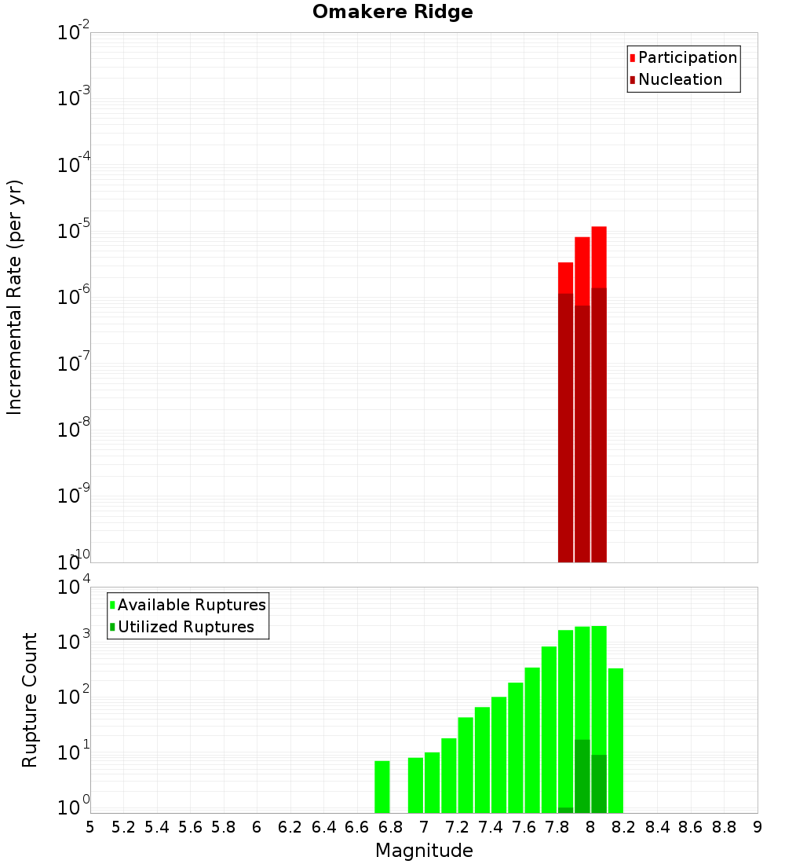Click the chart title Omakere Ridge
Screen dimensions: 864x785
392,13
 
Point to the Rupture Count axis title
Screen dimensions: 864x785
30,700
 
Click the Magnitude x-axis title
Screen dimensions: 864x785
424,851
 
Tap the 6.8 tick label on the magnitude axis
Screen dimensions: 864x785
391,827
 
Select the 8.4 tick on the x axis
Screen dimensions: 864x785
658,827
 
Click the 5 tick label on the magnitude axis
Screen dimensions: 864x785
90,827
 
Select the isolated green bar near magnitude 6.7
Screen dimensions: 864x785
382,786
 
